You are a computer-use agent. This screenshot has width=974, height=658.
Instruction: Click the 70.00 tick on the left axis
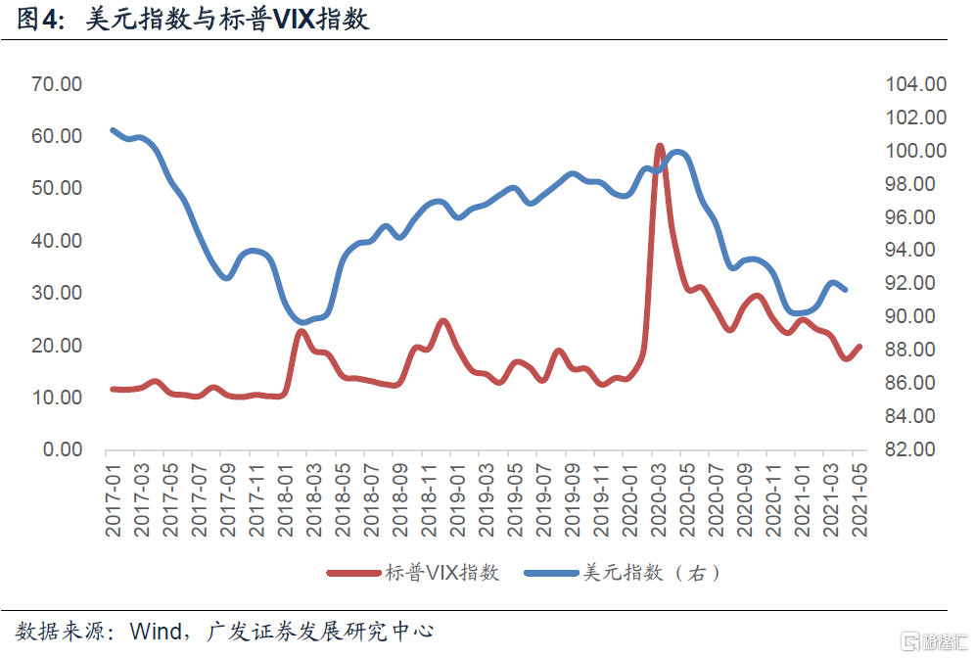(57, 84)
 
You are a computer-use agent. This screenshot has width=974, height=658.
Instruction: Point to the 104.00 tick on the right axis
(915, 84)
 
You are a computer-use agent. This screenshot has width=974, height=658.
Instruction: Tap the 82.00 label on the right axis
(915, 450)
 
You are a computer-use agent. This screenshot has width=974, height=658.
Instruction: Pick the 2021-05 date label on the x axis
(860, 500)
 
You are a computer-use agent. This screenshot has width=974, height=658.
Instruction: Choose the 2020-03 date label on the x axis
(659, 500)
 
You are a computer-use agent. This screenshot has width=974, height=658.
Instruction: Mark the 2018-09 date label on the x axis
(400, 500)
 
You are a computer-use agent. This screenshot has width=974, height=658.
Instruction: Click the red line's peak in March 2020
(659, 147)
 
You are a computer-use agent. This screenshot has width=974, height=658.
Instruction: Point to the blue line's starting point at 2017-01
(114, 130)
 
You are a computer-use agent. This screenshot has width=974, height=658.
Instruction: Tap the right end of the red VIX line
(859, 346)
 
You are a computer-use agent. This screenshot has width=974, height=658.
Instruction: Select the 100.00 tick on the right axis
(915, 151)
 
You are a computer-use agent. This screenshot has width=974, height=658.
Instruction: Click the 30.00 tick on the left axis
(57, 293)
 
